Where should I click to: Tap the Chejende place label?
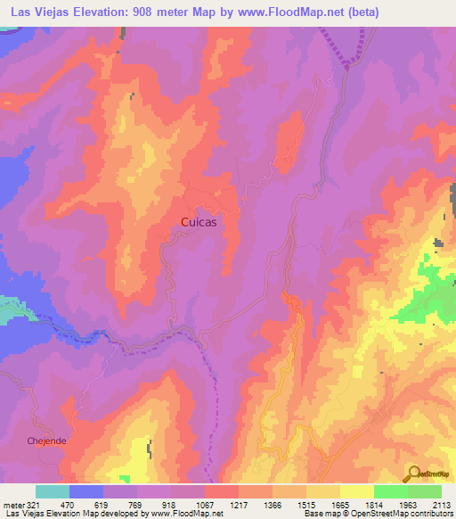47,441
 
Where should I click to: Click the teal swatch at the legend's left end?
53,491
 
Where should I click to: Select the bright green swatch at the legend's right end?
425,491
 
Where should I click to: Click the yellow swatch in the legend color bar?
357,491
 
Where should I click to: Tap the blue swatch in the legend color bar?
86,491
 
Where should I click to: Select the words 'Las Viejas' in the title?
35,12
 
